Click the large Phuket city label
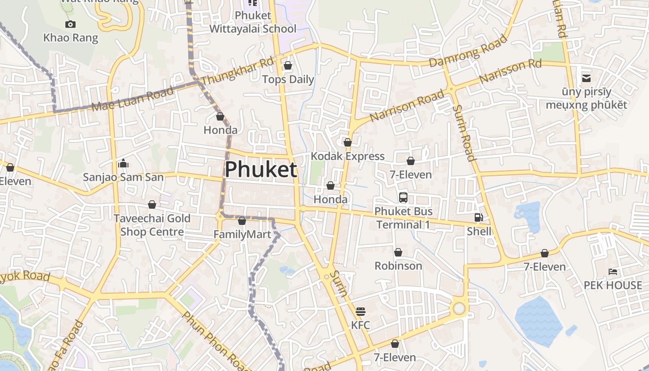(261, 170)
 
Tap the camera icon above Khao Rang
(70, 25)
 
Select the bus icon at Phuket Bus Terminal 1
(403, 198)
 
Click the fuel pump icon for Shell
(478, 217)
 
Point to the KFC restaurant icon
(360, 312)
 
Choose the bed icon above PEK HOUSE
(613, 272)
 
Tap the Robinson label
(398, 266)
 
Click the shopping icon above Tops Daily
(288, 66)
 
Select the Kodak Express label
(348, 156)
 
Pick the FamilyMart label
(242, 235)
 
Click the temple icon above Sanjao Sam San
(123, 163)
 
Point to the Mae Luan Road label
(133, 98)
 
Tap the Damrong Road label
(468, 51)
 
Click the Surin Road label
(464, 133)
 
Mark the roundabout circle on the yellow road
(459, 308)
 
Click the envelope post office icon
(586, 78)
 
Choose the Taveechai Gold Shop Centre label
(152, 225)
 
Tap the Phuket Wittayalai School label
(253, 22)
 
